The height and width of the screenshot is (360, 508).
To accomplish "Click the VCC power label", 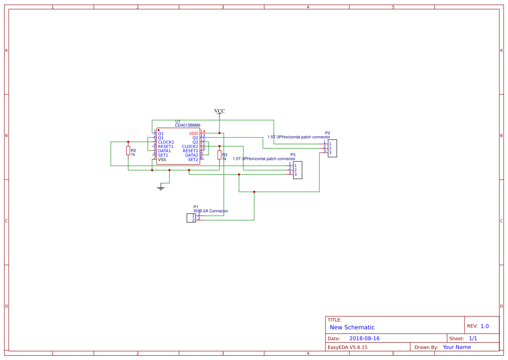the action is click(x=219, y=111).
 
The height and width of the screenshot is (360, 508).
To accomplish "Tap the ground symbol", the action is click(x=161, y=188).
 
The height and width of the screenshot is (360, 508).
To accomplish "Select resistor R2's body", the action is click(x=128, y=150).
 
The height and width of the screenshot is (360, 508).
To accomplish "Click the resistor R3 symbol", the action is click(x=219, y=155).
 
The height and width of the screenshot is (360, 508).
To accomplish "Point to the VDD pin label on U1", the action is click(x=194, y=133).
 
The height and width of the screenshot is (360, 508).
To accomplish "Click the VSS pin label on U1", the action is click(x=162, y=160).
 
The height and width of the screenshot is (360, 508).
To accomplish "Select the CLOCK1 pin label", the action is click(x=166, y=142).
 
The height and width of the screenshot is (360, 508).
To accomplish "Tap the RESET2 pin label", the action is click(x=190, y=151).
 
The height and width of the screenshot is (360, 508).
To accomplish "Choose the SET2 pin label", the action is click(x=193, y=160).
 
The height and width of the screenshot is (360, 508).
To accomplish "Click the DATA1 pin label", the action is click(x=164, y=151).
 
